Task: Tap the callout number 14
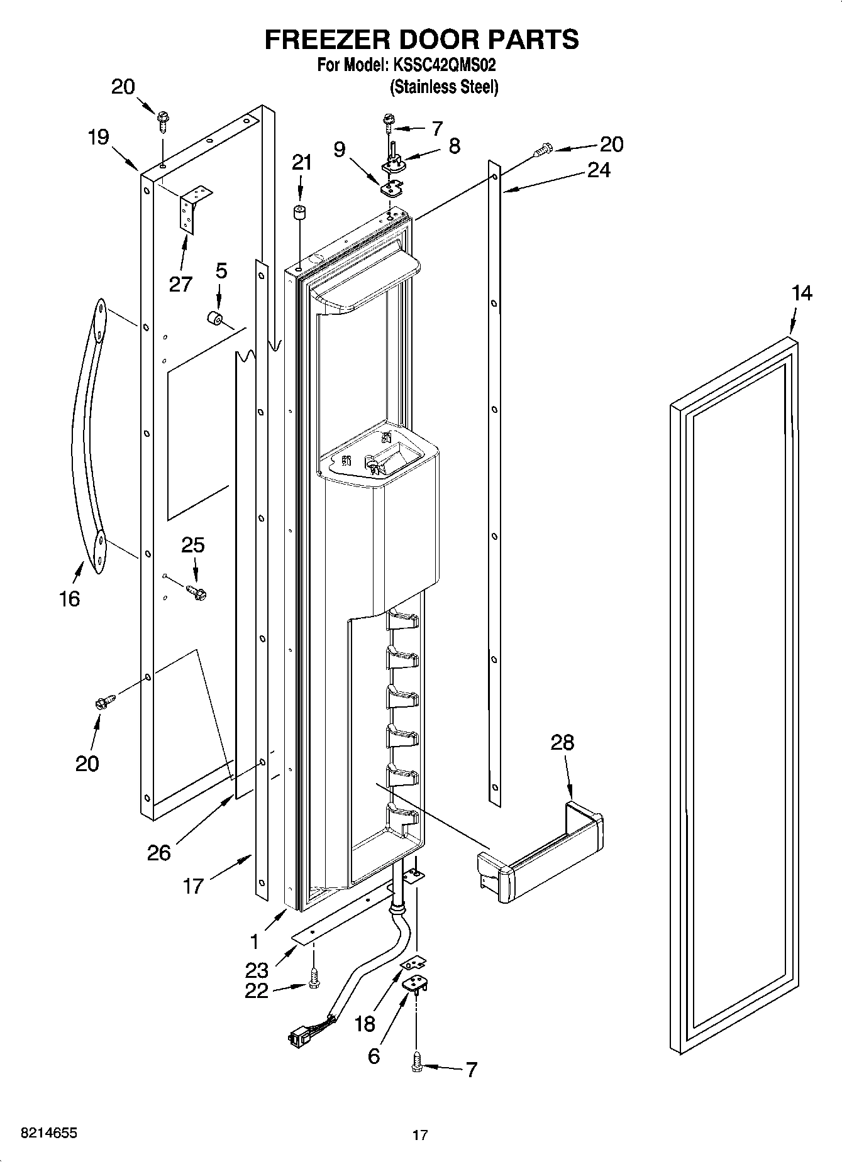click(x=801, y=293)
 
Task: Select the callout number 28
click(x=562, y=742)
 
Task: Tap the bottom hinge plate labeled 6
click(x=414, y=985)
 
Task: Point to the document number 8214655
click(x=49, y=1133)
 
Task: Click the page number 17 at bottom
click(x=420, y=1135)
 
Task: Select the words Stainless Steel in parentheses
click(x=444, y=87)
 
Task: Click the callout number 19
click(x=98, y=138)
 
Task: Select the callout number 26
click(x=159, y=853)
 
